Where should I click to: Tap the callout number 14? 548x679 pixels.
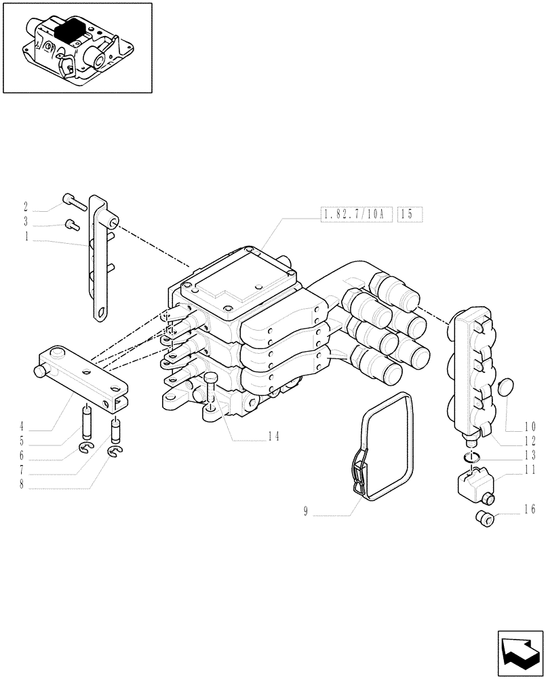(x=273, y=437)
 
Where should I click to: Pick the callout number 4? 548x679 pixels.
(x=22, y=427)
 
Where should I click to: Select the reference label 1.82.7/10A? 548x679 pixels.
(x=353, y=215)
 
